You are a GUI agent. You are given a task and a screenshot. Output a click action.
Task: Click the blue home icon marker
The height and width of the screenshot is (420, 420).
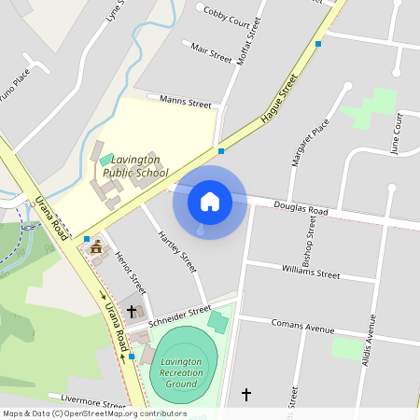coord(210,201)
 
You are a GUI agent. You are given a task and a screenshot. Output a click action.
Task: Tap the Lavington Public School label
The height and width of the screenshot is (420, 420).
coord(135,167)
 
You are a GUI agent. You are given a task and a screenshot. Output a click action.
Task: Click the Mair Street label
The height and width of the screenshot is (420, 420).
coord(210,52)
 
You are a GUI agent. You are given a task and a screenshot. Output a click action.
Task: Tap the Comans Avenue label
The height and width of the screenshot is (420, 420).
coord(301,328)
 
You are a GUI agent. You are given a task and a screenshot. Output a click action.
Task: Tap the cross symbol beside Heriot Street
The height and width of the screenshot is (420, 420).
coord(132,311)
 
